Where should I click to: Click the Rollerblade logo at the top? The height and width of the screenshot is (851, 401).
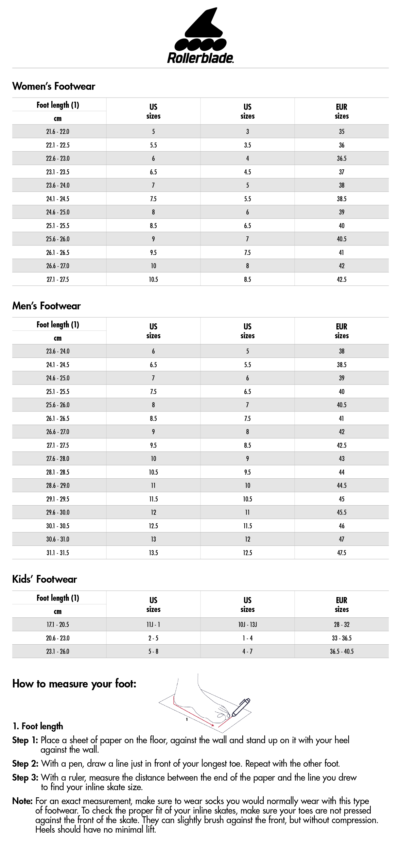[x=201, y=36]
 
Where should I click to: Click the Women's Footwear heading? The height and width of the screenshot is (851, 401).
[x=54, y=86]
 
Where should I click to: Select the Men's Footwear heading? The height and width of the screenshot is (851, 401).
[x=47, y=306]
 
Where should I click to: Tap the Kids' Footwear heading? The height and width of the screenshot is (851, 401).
[x=45, y=579]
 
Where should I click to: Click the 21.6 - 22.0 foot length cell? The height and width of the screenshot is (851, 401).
[x=58, y=132]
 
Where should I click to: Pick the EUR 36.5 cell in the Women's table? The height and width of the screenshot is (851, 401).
[x=342, y=158]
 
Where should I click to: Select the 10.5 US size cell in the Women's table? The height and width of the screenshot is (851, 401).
[x=153, y=279]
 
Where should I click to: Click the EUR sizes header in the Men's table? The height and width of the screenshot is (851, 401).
[x=342, y=331]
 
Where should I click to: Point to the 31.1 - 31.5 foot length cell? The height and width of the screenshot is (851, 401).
[x=58, y=553]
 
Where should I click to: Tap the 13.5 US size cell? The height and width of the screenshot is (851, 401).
[x=153, y=553]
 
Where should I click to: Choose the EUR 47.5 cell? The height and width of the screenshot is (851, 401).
[x=342, y=553]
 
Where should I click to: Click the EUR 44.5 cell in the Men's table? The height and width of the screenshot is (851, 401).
[x=342, y=486]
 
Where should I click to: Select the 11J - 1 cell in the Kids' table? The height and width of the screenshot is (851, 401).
[x=153, y=625]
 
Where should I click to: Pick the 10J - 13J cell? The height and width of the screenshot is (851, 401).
[x=247, y=625]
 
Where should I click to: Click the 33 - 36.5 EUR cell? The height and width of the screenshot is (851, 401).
[x=342, y=638]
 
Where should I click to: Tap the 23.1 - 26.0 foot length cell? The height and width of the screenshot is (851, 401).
[x=58, y=651]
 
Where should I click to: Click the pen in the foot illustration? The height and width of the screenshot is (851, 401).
[x=241, y=707]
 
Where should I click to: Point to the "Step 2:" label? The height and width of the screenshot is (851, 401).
[x=25, y=764]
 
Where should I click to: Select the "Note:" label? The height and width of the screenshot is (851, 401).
[x=22, y=801]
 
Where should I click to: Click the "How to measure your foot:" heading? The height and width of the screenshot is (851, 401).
[x=74, y=684]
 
